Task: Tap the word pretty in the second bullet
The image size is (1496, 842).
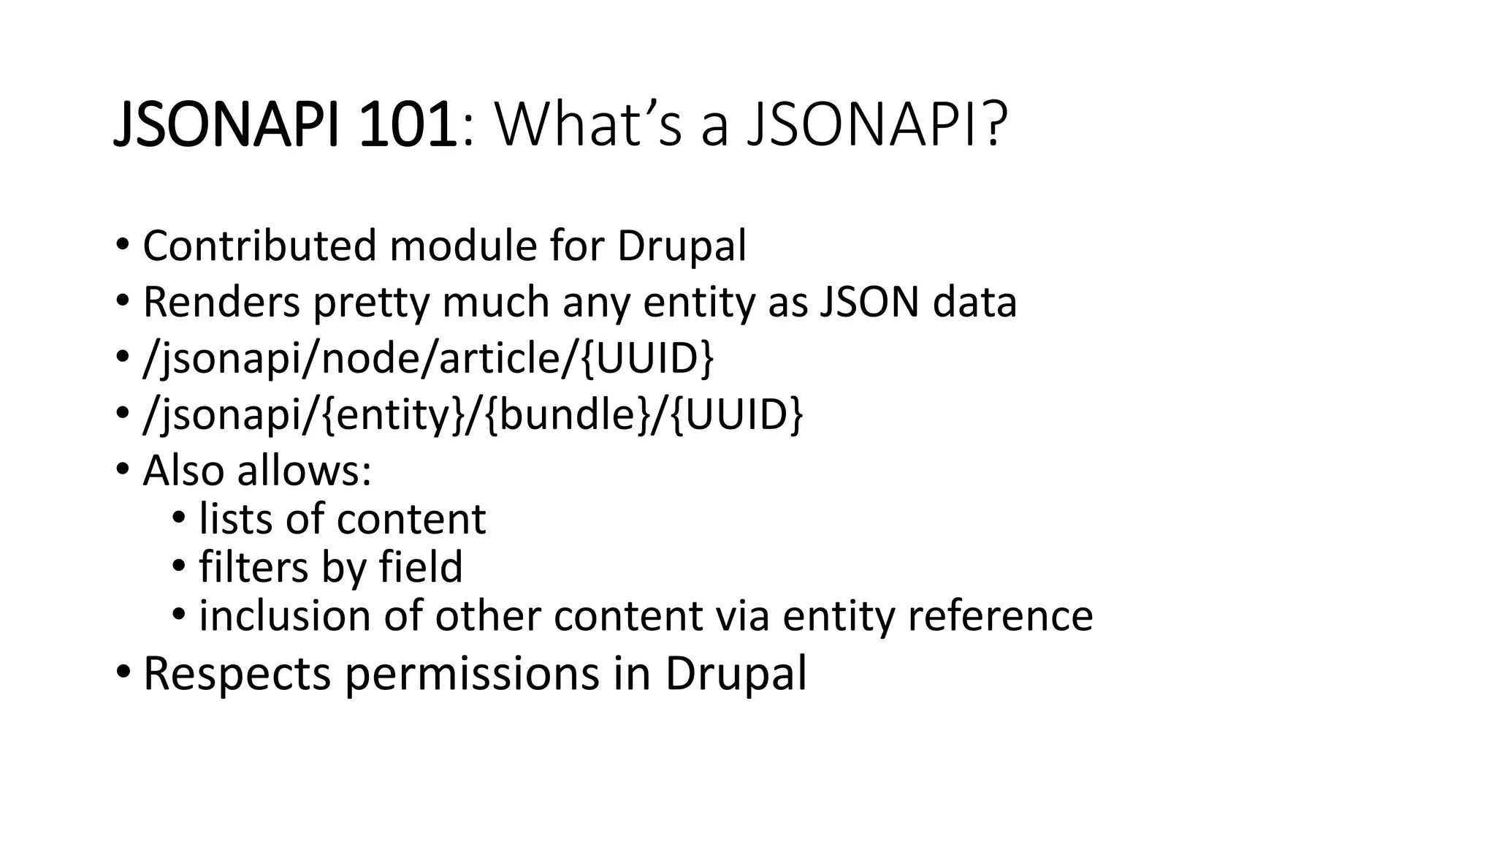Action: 370,303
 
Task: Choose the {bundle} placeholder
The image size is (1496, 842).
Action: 565,414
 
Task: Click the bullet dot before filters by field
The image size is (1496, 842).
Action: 180,566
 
